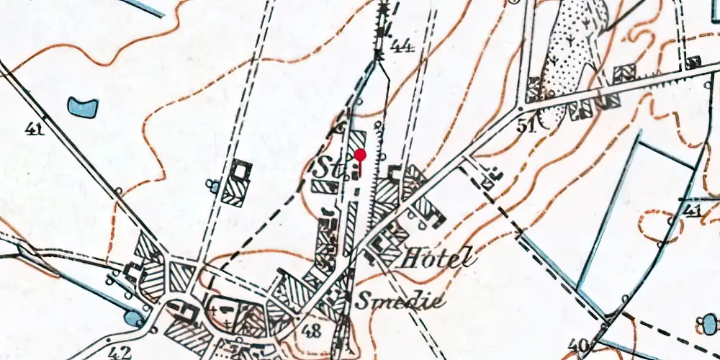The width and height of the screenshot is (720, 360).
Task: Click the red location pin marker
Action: (360, 155)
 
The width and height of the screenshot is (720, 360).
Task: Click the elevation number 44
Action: (402, 48)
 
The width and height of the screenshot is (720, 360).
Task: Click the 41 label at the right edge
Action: (692, 210)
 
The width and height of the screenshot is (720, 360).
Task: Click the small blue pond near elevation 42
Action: (134, 317)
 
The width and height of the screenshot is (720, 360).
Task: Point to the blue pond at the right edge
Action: (710, 323)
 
